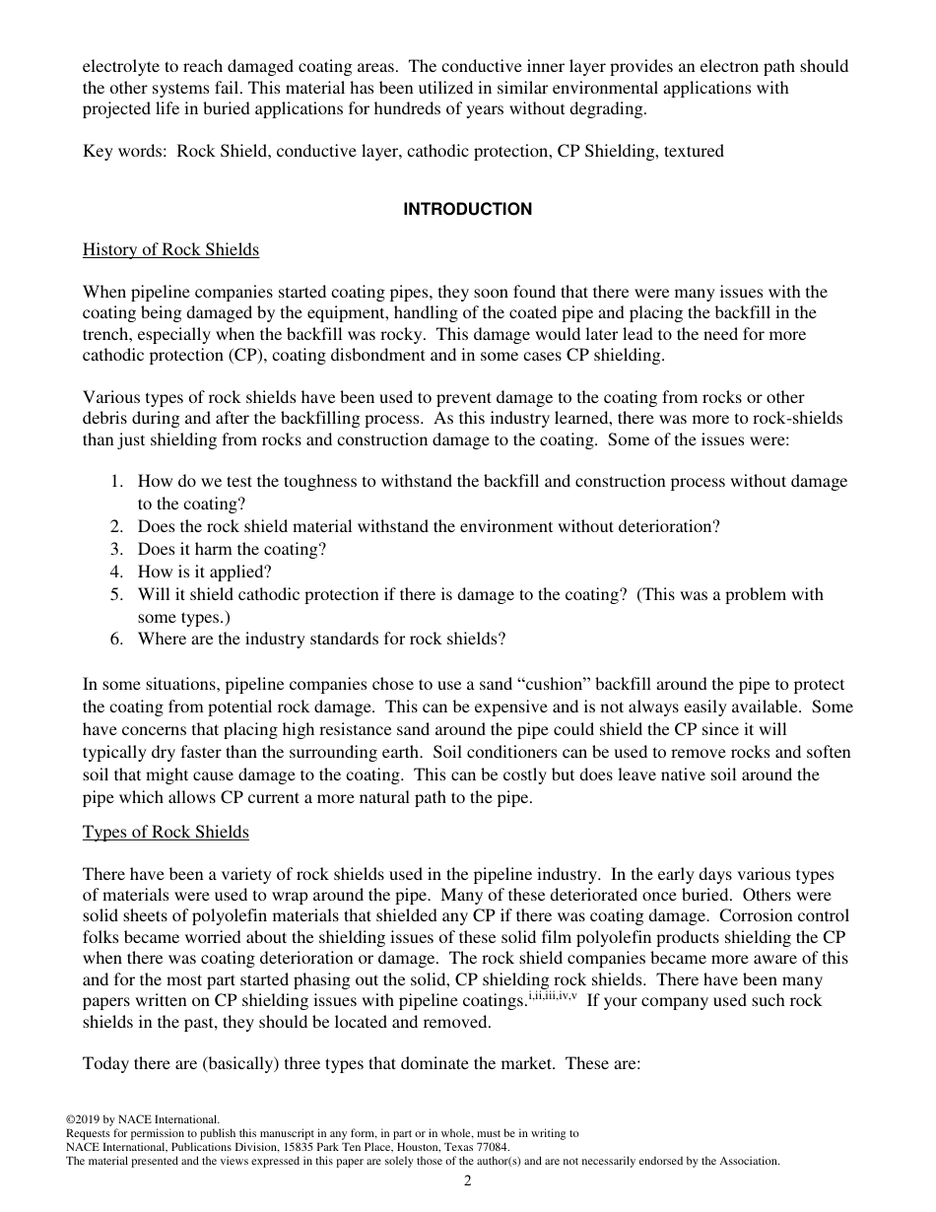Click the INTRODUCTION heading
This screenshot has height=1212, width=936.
coord(467,209)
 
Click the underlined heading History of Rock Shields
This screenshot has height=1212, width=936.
coord(170,249)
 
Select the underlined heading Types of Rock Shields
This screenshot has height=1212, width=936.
coord(166,832)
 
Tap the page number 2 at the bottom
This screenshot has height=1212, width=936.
coord(467,1181)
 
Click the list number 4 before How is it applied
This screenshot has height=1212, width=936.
coord(116,572)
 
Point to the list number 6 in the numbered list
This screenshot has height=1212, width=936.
coord(116,639)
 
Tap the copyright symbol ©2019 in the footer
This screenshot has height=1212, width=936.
coord(83,1119)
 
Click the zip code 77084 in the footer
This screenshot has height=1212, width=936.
coord(493,1147)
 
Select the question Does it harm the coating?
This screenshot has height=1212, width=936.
coord(232,549)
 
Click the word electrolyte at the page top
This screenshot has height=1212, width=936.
coord(120,67)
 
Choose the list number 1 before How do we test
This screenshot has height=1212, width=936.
coord(116,481)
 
